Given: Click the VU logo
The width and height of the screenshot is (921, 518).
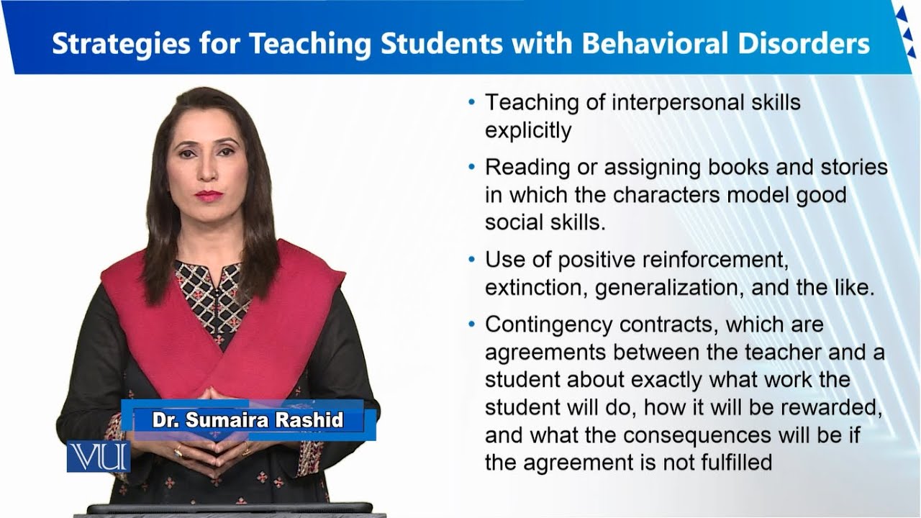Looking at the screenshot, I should point(98,457).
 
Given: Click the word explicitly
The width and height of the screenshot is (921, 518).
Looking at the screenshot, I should point(527,130).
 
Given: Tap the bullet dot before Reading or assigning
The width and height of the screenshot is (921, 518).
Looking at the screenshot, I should point(471,167).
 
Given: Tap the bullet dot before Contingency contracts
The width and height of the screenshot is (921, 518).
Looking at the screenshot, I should point(471,324).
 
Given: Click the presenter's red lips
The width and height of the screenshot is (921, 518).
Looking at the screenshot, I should point(209,195).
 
